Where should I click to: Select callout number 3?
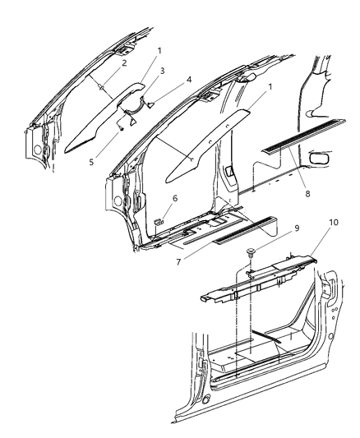162,71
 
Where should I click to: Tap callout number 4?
188,80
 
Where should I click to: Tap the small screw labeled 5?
121,126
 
